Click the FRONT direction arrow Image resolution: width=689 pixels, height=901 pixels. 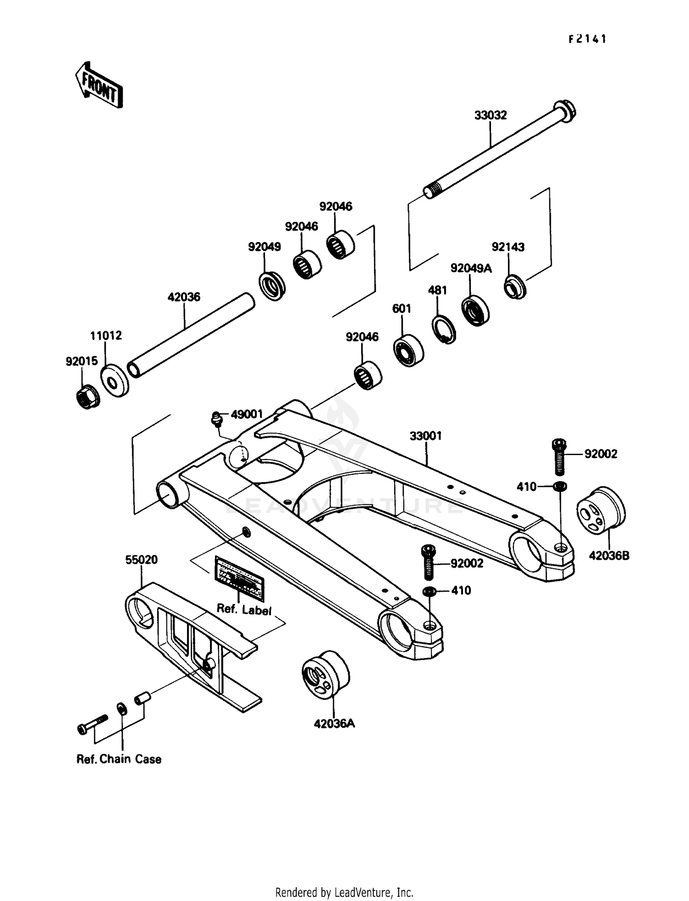click(99, 85)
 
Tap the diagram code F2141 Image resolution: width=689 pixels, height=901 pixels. click(587, 39)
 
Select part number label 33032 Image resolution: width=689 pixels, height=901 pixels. click(490, 115)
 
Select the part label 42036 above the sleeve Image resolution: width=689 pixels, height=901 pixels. click(184, 297)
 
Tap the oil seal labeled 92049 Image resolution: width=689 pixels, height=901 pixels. click(272, 286)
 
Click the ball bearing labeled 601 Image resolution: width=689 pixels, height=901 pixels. click(408, 351)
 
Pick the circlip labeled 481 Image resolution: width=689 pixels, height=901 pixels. click(444, 329)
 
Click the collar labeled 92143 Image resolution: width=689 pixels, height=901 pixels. click(515, 287)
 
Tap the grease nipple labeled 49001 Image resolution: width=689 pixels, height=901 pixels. click(215, 418)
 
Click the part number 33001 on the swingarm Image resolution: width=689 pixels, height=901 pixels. click(426, 436)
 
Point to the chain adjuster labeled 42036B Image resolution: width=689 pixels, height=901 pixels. click(601, 510)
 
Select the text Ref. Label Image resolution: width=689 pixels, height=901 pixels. click(244, 609)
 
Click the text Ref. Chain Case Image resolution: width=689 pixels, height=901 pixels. click(119, 759)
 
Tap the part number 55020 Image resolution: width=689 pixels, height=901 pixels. click(141, 559)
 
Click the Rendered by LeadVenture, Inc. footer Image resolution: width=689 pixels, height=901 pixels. click(344, 892)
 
